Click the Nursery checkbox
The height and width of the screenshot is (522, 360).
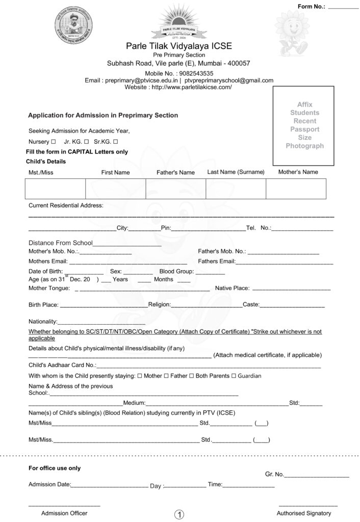[x=53, y=141]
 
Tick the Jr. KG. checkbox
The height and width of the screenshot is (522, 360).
[x=87, y=141]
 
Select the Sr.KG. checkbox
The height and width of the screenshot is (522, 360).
[x=116, y=141]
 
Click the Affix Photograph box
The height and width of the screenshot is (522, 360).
[x=304, y=125]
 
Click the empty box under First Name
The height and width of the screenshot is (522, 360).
[x=115, y=189]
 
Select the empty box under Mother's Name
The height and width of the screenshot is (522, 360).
[x=296, y=189]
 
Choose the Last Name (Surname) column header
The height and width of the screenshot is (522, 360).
[x=236, y=172]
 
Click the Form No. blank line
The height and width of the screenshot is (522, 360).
[x=343, y=8]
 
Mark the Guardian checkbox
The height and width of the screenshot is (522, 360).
[x=234, y=376]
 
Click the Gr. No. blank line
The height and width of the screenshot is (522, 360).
[x=317, y=477]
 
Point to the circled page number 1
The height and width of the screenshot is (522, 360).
[x=179, y=514]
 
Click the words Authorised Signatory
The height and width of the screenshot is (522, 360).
[x=304, y=513]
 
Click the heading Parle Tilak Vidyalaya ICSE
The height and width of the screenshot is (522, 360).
[x=179, y=46]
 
